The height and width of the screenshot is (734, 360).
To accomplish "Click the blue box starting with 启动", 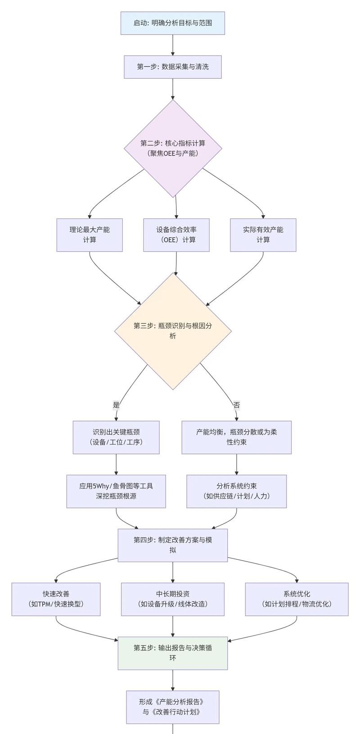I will [x=173, y=23].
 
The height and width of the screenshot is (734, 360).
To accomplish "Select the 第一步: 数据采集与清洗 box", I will [x=173, y=67].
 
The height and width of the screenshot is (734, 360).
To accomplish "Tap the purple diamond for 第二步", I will [x=173, y=148].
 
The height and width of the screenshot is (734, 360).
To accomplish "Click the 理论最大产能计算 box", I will [x=90, y=235].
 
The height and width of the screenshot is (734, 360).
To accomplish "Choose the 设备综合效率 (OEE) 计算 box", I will [x=176, y=235].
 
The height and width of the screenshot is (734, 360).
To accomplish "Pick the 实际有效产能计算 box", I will [x=263, y=235].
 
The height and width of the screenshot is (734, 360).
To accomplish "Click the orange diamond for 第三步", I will [x=173, y=331].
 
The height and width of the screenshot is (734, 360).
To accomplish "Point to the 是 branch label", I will [x=117, y=405].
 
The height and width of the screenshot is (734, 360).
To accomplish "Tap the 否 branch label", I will [x=237, y=405].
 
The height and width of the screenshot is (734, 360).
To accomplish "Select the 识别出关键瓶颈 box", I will [x=116, y=437].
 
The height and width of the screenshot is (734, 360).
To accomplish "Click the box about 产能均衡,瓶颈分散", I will [x=237, y=437].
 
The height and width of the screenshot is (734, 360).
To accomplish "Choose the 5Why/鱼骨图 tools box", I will [x=116, y=491].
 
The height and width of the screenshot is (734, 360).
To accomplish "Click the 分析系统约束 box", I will [x=237, y=491].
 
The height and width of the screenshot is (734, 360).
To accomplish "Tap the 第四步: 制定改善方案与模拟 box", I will [x=173, y=545].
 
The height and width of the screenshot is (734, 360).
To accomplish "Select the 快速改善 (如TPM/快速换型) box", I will [x=56, y=599].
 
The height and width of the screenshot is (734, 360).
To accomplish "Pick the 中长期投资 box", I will [x=173, y=599].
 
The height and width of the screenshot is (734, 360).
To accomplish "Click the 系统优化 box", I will [x=297, y=599].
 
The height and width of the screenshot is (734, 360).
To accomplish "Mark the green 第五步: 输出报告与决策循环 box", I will [x=173, y=653].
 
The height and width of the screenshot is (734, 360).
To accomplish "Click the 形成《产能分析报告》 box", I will [x=173, y=707].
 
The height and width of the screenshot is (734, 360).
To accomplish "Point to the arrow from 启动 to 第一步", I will [x=173, y=45].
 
